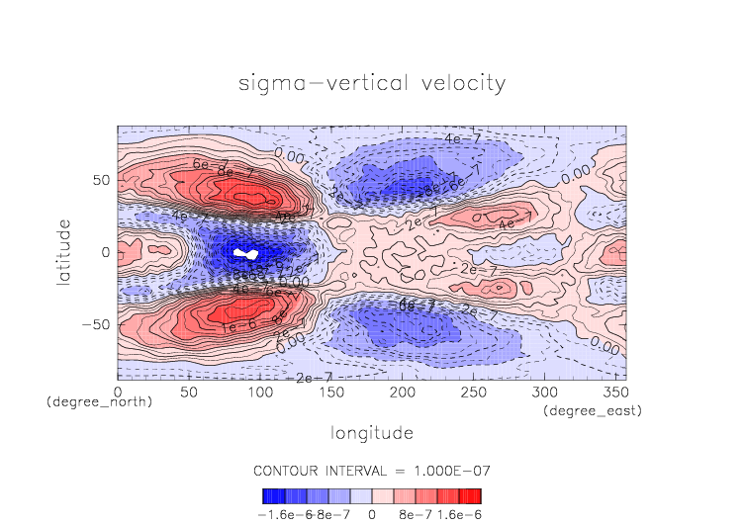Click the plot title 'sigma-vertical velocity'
tap(372, 83)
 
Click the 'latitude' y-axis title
tap(64, 252)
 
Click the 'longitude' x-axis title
tap(372, 433)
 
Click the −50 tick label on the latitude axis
tap(97, 324)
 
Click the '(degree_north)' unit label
tap(99, 402)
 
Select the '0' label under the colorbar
tap(372, 514)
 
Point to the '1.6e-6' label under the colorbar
tap(457, 514)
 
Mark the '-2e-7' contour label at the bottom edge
tap(307, 379)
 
